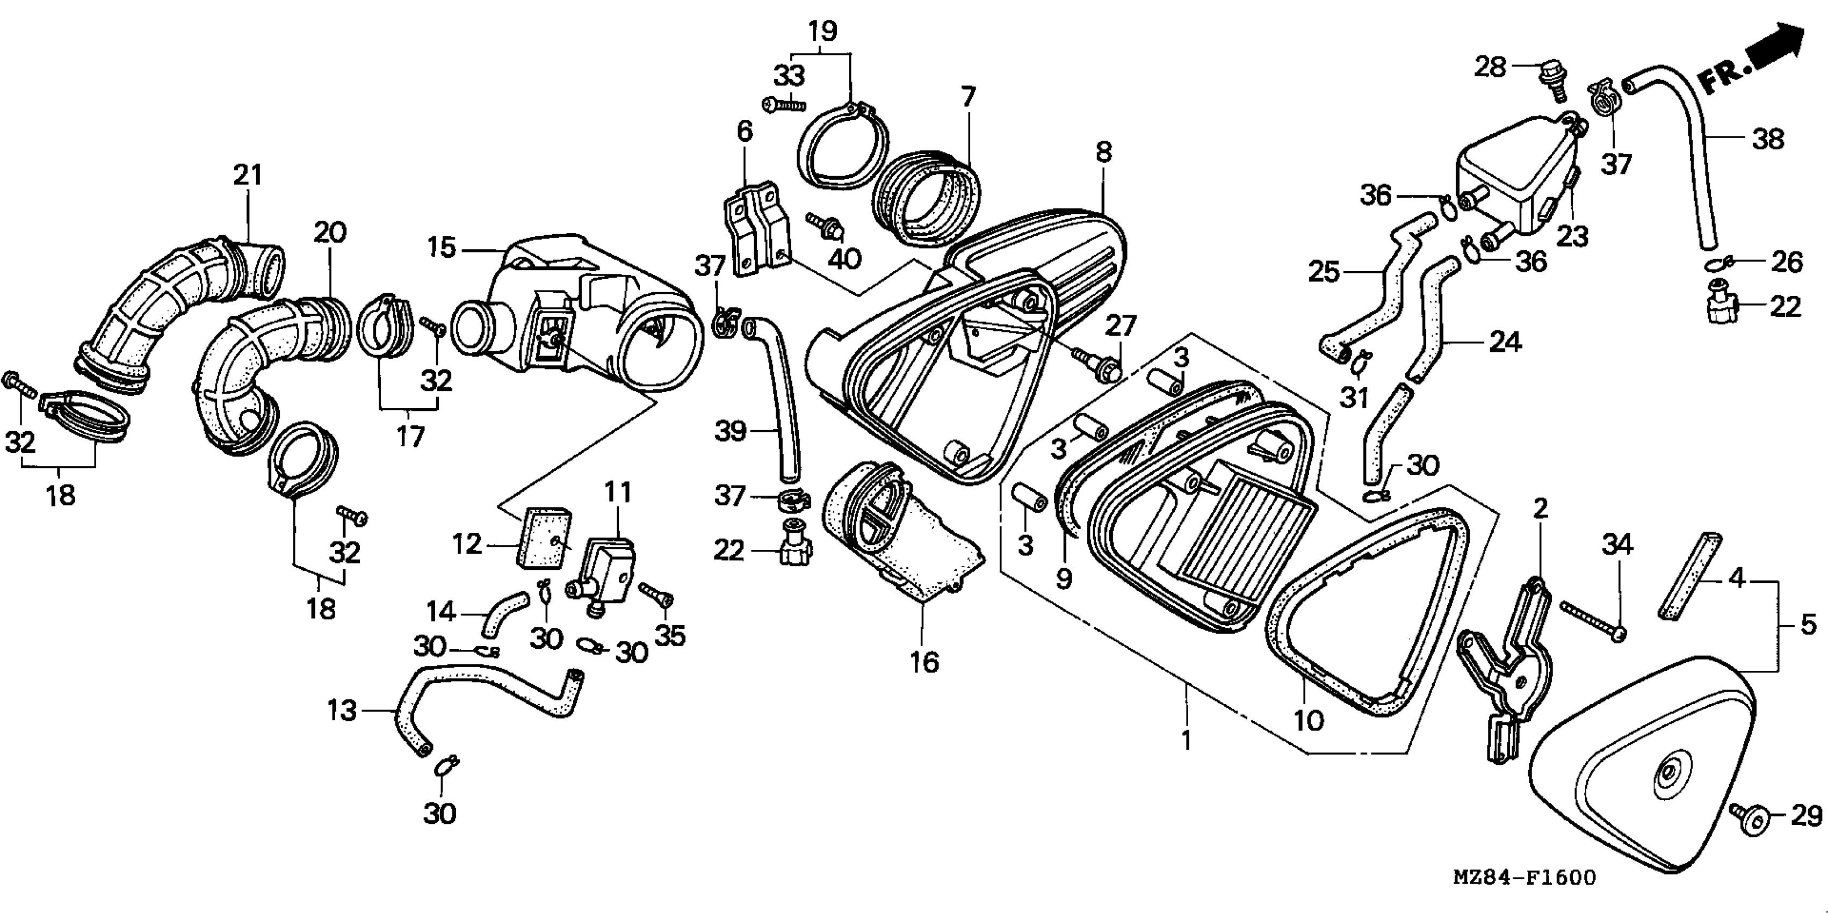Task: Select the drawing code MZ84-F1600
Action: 1524,878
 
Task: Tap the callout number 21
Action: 248,175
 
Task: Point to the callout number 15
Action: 442,248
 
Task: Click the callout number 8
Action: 1103,153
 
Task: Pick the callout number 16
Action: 924,662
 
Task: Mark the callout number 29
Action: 1807,816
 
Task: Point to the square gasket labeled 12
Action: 541,537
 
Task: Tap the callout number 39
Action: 730,431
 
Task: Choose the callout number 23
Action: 1572,236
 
